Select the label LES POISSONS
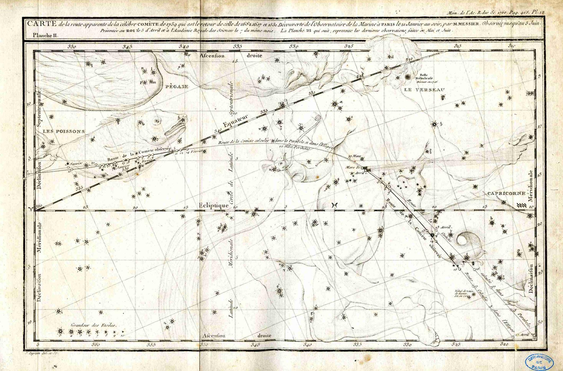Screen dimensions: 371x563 64,131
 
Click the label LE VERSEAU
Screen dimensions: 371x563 424,90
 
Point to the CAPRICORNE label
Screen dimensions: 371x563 506,193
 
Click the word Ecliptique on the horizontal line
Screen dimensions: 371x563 213,205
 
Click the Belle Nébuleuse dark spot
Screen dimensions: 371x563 408,77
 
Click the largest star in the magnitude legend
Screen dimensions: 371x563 61,331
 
